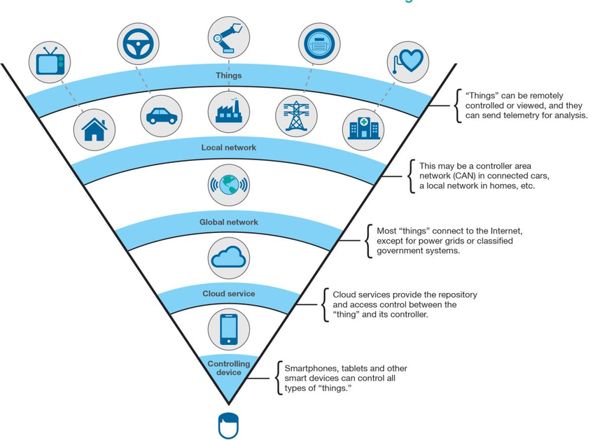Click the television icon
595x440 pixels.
tap(50, 62)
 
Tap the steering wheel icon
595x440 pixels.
tap(138, 44)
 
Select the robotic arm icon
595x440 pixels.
tap(228, 37)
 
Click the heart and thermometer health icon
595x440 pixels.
tap(407, 62)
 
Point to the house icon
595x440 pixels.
tap(94, 129)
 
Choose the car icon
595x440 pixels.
tap(161, 115)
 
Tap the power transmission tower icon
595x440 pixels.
tap(296, 115)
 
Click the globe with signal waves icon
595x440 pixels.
tap(228, 185)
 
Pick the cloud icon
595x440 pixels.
tap(228, 258)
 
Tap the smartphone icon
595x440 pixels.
tap(228, 329)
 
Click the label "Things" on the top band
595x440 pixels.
tap(228, 76)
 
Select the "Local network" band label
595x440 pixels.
tap(228, 148)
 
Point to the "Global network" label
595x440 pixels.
tap(228, 222)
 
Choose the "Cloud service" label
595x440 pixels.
tap(228, 294)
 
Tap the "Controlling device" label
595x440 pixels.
tap(228, 368)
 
